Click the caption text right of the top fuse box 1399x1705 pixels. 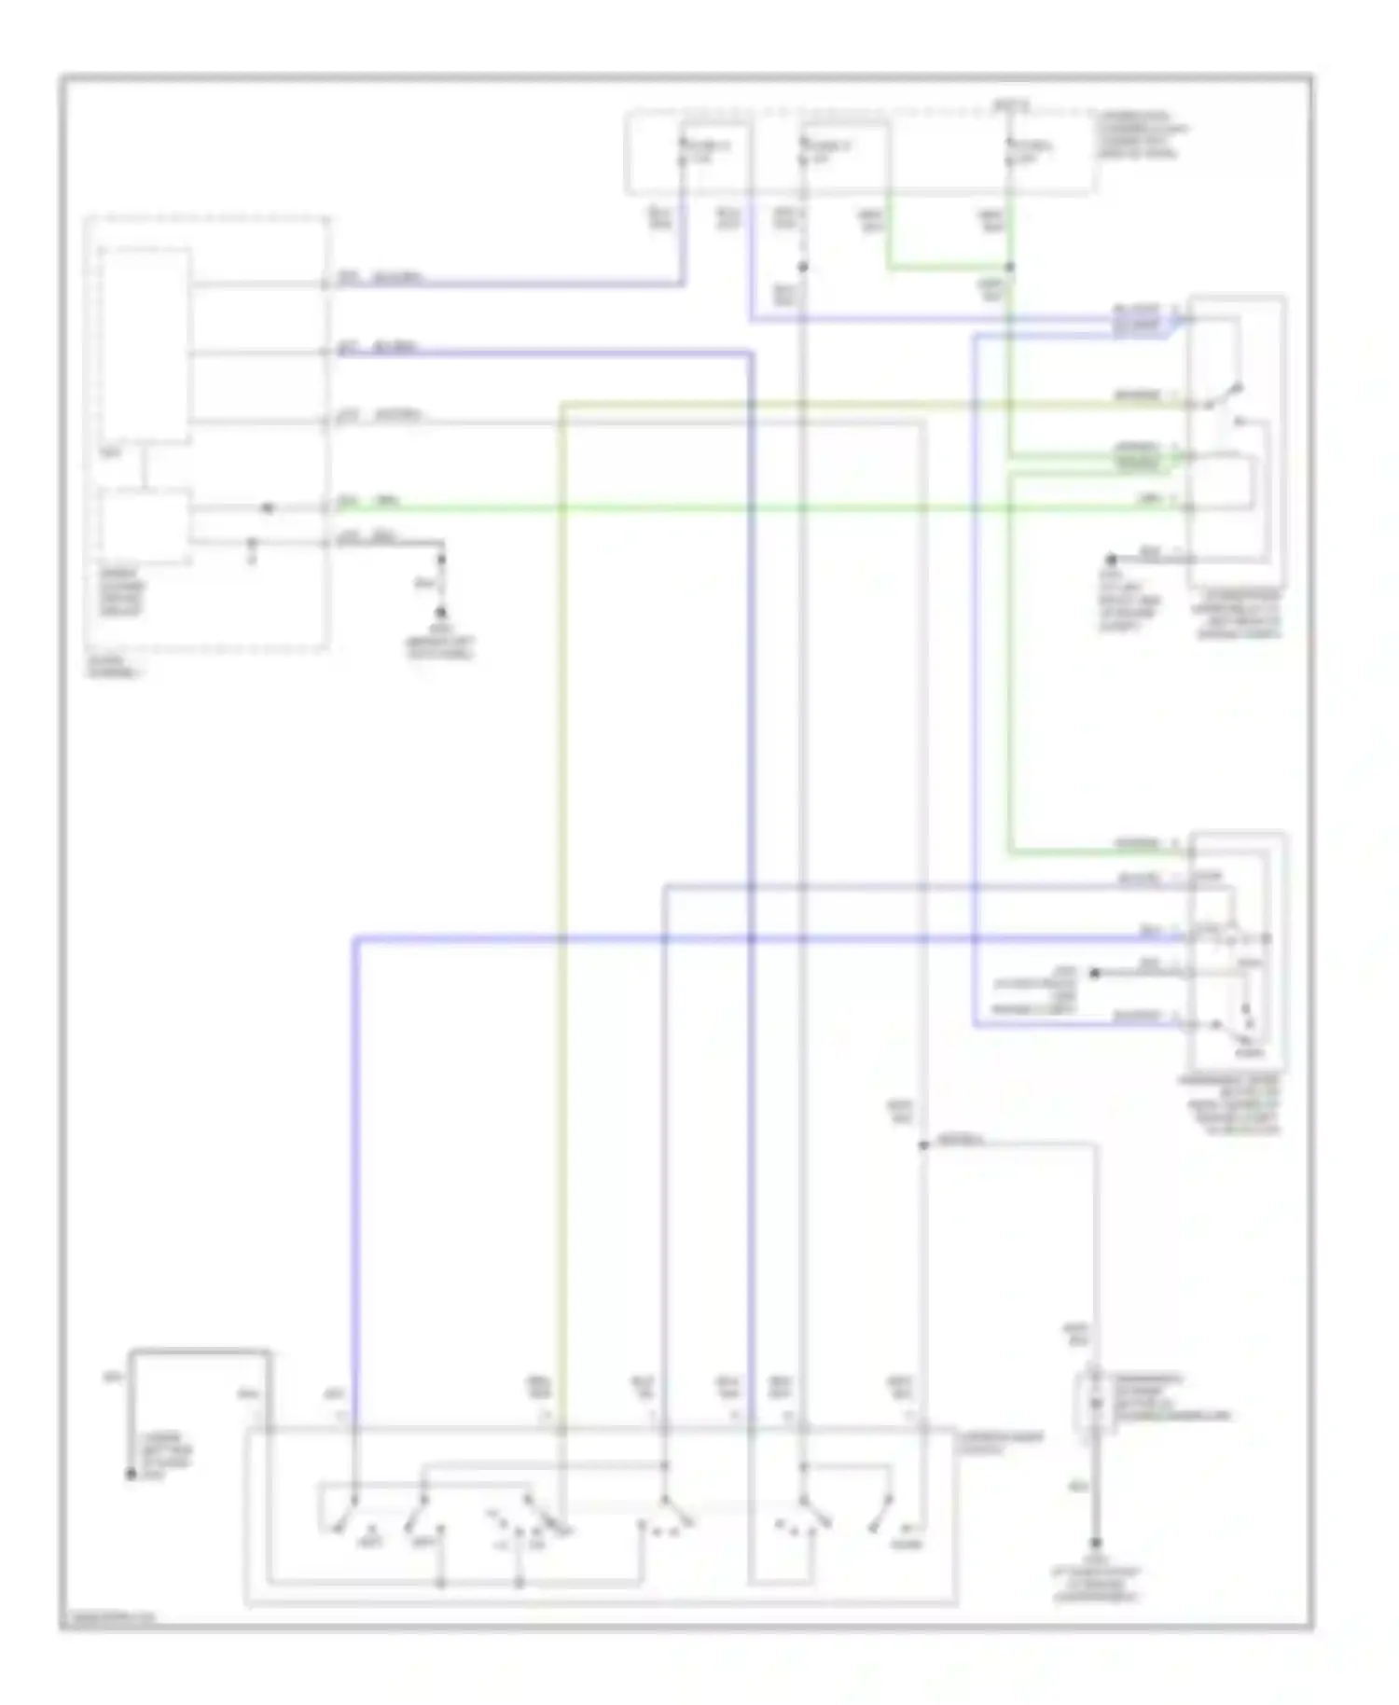pyautogui.click(x=1143, y=135)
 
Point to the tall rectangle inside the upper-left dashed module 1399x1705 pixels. pyautogui.click(x=146, y=345)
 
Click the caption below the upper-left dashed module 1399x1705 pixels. pyautogui.click(x=115, y=666)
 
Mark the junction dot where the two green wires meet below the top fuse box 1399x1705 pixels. pyautogui.click(x=1009, y=268)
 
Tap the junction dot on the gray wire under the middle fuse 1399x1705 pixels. pyautogui.click(x=803, y=268)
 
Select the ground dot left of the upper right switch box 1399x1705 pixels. pyautogui.click(x=1112, y=561)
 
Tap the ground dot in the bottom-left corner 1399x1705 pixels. pyautogui.click(x=132, y=1475)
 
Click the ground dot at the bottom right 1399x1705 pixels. pyautogui.click(x=1096, y=1544)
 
